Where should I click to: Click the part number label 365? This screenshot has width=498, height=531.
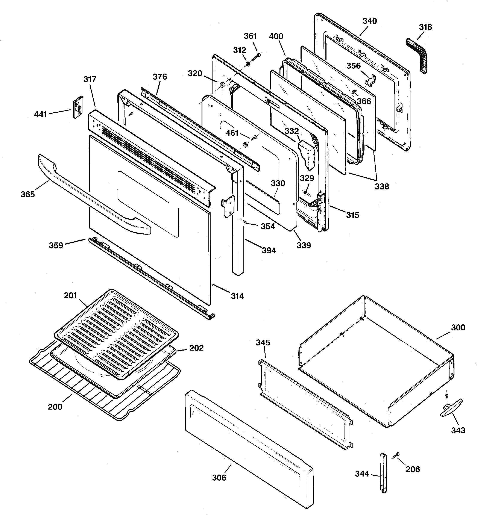click(x=28, y=194)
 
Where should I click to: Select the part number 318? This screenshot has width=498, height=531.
click(x=425, y=27)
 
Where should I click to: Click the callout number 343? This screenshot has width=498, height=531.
click(x=458, y=430)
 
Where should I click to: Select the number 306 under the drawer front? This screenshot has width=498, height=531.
click(x=219, y=477)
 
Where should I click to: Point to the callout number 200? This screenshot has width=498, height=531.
click(x=55, y=407)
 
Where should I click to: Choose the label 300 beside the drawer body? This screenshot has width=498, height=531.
click(x=458, y=327)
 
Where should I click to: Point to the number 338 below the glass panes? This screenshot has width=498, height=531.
click(x=381, y=186)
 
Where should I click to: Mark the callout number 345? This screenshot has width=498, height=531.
click(x=263, y=342)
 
